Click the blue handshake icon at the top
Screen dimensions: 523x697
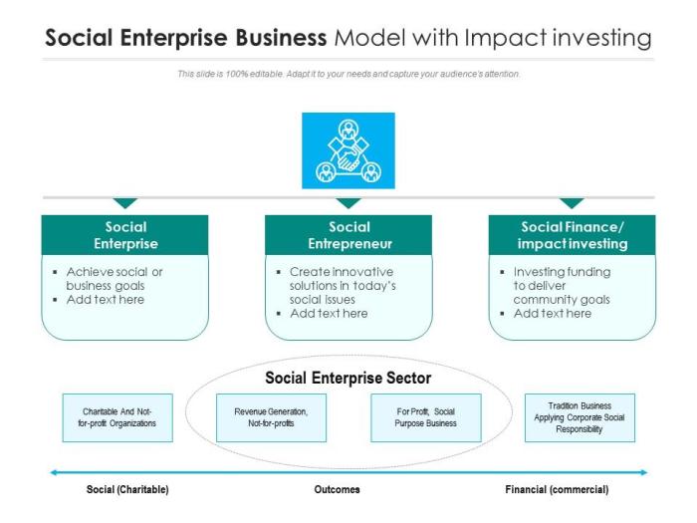[348, 150]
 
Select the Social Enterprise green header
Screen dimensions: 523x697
[124, 235]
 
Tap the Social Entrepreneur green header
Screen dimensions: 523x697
[348, 235]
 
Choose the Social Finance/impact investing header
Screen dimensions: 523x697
[572, 235]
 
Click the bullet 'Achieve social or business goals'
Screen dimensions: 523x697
[114, 278]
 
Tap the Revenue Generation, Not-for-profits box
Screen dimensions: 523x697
[271, 416]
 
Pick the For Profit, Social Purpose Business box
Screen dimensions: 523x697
[425, 416]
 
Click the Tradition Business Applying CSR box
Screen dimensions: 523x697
[580, 417]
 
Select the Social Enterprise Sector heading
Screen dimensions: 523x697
[348, 379]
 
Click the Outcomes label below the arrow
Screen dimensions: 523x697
[337, 490]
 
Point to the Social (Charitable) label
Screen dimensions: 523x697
[127, 490]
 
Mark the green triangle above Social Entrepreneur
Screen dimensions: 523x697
[348, 203]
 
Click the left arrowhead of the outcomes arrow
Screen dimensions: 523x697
[55, 472]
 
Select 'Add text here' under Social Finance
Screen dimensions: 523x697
[552, 313]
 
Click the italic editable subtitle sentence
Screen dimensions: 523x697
[348, 74]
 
